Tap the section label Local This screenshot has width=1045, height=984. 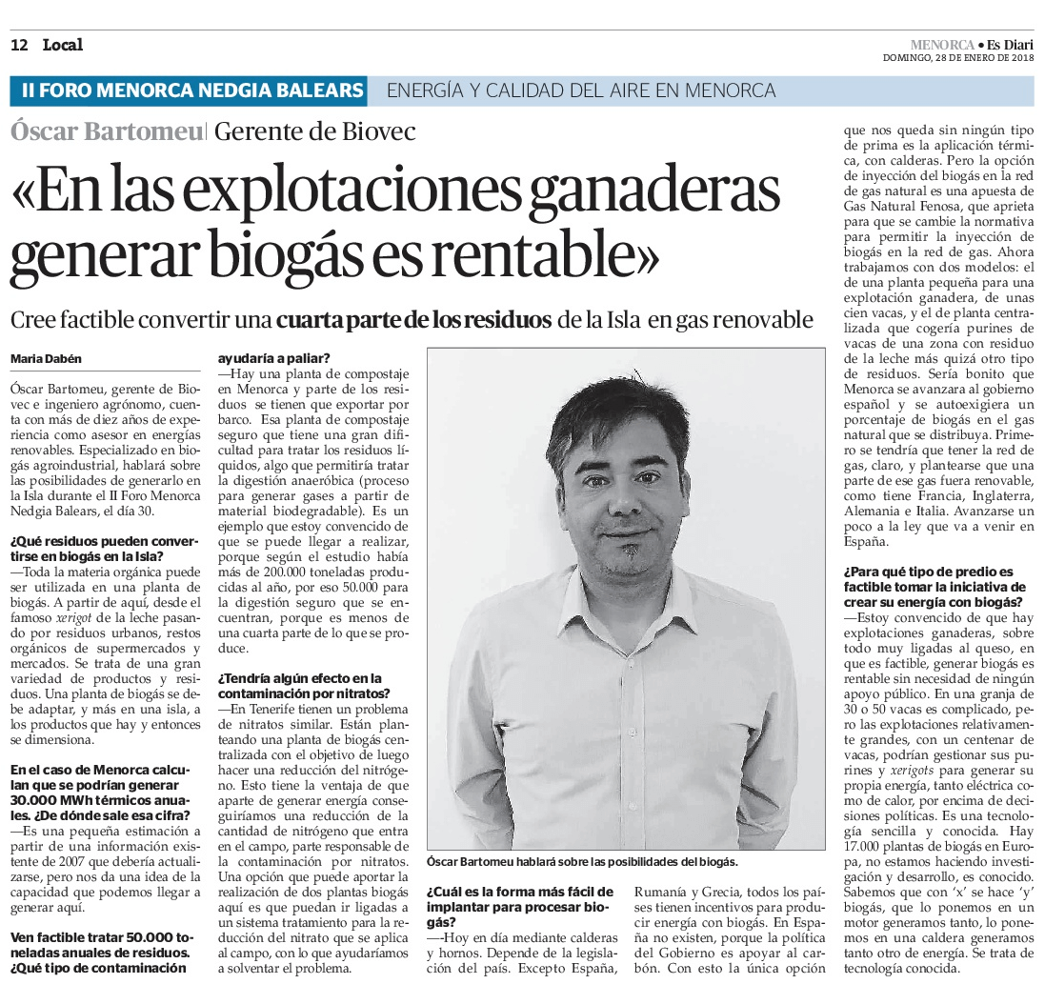(x=62, y=45)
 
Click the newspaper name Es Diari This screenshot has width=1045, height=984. (x=1010, y=44)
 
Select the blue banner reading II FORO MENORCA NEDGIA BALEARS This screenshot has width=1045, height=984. (x=193, y=91)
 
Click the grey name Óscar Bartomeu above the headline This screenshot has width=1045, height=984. (x=106, y=131)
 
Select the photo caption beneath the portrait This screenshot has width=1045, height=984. (x=582, y=861)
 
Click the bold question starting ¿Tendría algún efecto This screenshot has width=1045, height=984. (x=299, y=685)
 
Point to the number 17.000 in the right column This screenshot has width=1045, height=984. (x=864, y=846)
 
